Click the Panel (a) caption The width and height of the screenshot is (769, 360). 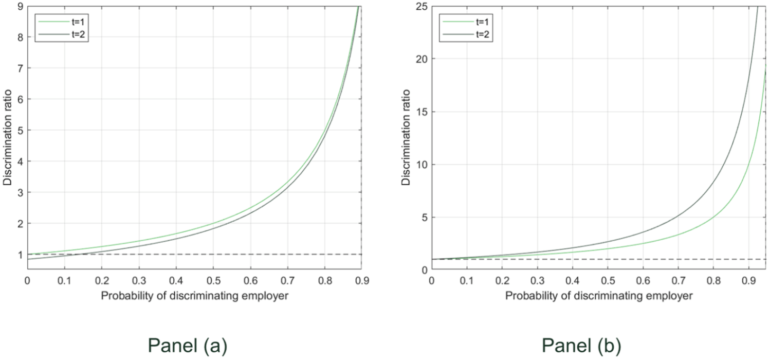(188, 346)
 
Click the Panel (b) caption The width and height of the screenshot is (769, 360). (581, 346)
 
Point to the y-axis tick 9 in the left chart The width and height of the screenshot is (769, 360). (21, 6)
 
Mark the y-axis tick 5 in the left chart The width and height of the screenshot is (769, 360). (21, 130)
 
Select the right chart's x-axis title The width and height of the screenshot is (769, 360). (599, 296)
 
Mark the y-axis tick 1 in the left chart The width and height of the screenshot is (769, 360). (21, 255)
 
